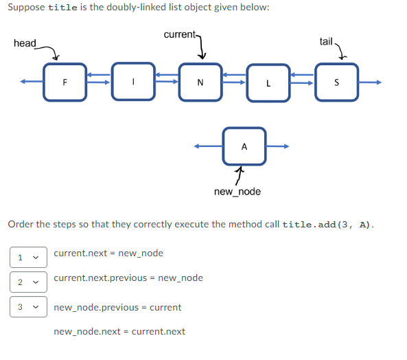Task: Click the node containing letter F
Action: pos(65,82)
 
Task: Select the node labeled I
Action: pos(132,82)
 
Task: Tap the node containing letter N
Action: pos(200,82)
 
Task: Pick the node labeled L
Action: pos(268,82)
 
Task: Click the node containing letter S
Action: pos(336,82)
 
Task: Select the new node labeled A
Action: pos(244,146)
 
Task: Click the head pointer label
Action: pos(25,43)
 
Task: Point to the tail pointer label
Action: pos(326,41)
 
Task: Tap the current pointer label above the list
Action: pos(180,34)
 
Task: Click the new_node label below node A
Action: pos(237,191)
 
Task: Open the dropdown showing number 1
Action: pos(28,257)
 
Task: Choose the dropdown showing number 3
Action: pos(28,306)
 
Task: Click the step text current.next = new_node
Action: pos(108,253)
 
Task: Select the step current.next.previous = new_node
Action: pos(128,278)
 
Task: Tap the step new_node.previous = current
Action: pos(117,307)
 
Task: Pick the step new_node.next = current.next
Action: pos(119,331)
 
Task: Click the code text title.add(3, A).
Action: pos(327,225)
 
